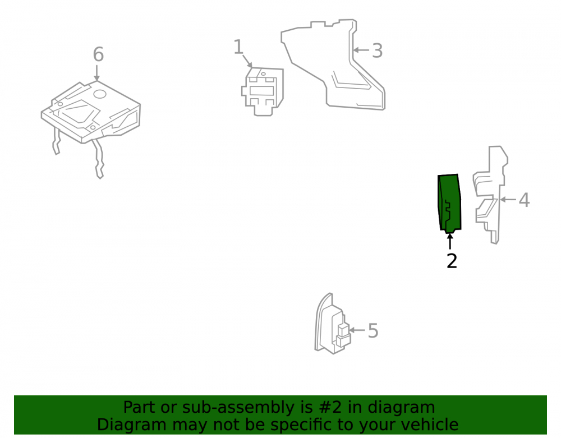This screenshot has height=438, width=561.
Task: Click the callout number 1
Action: click(238, 47)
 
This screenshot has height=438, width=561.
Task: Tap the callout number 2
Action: click(452, 261)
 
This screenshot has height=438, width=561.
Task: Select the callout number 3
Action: click(378, 51)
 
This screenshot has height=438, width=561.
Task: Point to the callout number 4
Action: click(524, 200)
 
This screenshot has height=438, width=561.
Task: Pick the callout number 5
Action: click(373, 331)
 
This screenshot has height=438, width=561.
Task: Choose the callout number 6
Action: click(98, 54)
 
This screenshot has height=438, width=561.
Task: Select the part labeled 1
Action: click(263, 91)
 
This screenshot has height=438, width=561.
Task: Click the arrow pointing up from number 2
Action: click(450, 241)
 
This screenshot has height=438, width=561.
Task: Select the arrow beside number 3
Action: click(361, 50)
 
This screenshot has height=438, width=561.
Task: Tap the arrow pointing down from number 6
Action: click(96, 73)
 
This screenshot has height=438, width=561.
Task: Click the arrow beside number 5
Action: click(357, 330)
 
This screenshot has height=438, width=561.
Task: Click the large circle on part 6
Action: click(100, 94)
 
